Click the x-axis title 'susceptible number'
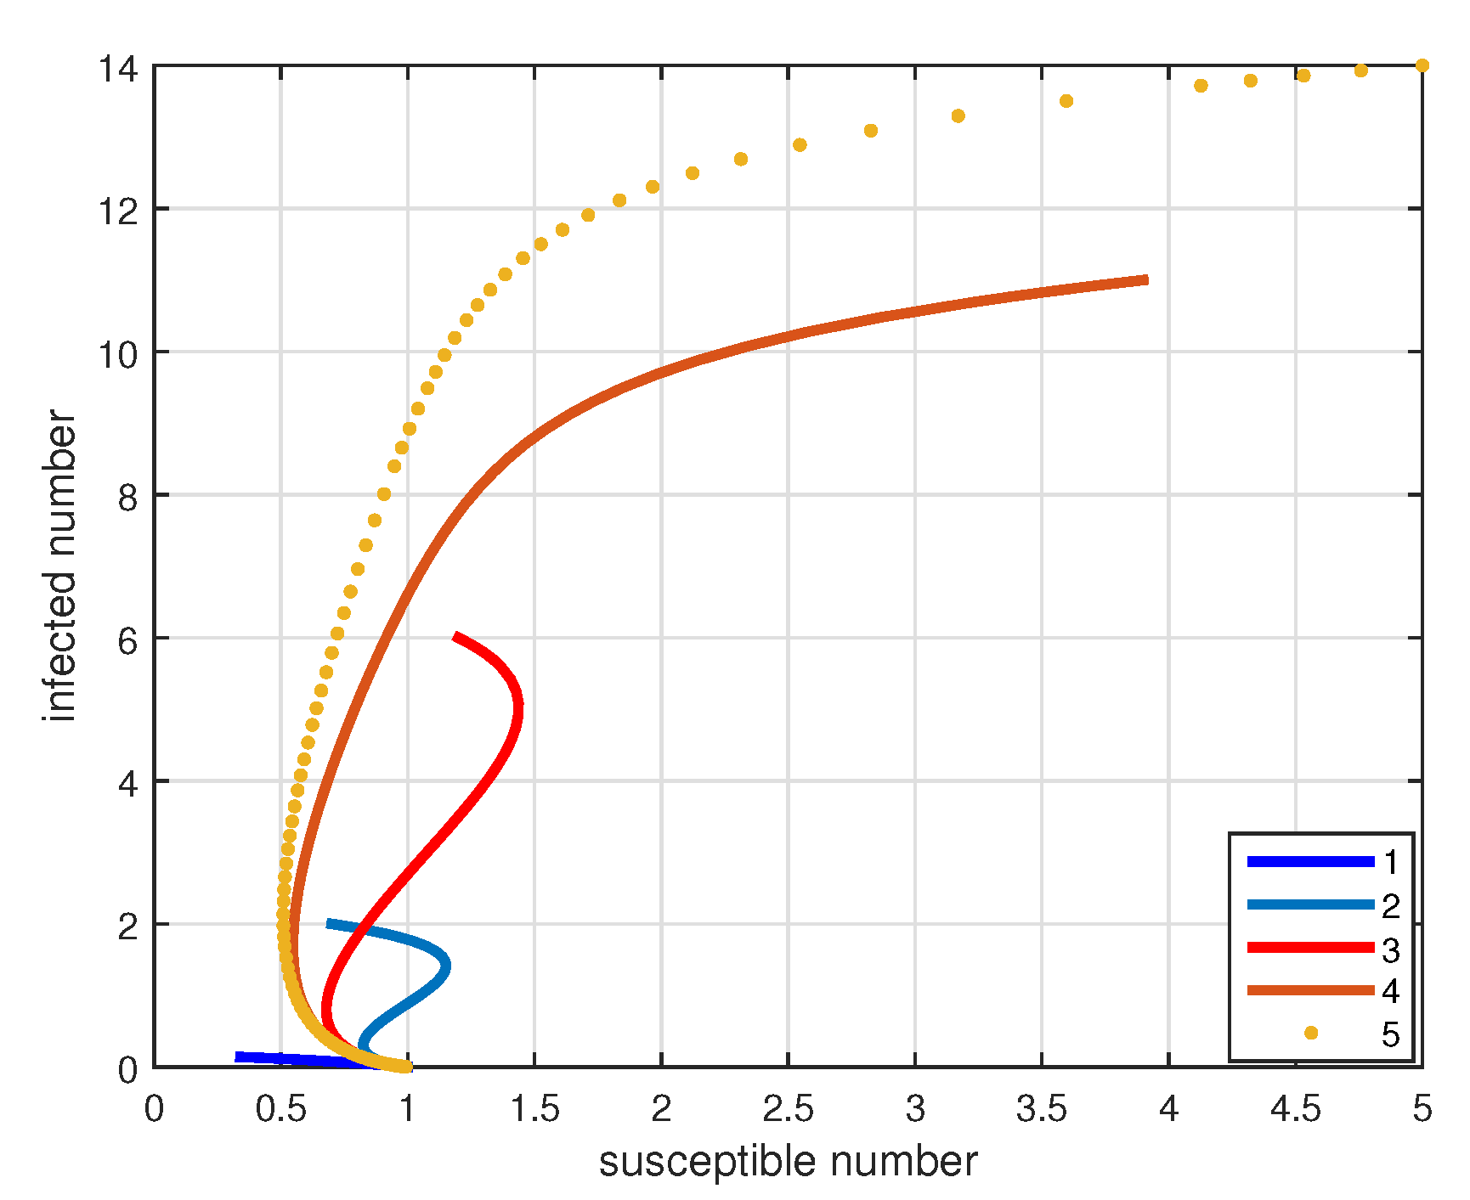[788, 1162]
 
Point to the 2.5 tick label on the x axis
[788, 1109]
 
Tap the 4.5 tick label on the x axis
[1295, 1109]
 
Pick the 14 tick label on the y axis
[118, 68]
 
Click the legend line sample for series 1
[1310, 862]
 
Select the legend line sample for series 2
[1310, 905]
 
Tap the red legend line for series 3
[1310, 948]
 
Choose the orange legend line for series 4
[1310, 990]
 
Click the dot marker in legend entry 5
[1311, 1033]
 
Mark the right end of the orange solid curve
[1146, 279]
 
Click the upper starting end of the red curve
[455, 636]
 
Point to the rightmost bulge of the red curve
[519, 704]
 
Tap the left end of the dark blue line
[237, 1056]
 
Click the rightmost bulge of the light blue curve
[446, 966]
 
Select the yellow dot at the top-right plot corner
[1422, 65]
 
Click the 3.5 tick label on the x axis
[1042, 1109]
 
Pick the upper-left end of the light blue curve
[329, 923]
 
